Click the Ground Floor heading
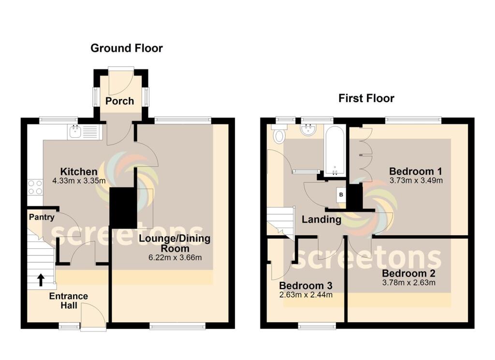pyautogui.click(x=127, y=48)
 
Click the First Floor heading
pyautogui.click(x=366, y=99)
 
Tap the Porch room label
pyautogui.click(x=119, y=101)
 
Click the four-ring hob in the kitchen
pyautogui.click(x=35, y=187)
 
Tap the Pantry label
pyautogui.click(x=41, y=217)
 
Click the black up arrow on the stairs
pyautogui.click(x=40, y=279)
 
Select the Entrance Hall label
pyautogui.click(x=68, y=301)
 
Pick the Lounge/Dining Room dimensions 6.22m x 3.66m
pyautogui.click(x=175, y=257)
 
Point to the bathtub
pyautogui.click(x=335, y=150)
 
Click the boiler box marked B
pyautogui.click(x=341, y=195)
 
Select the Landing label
pyautogui.click(x=321, y=220)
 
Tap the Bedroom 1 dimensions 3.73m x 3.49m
pyautogui.click(x=416, y=181)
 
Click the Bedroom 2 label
pyautogui.click(x=409, y=273)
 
